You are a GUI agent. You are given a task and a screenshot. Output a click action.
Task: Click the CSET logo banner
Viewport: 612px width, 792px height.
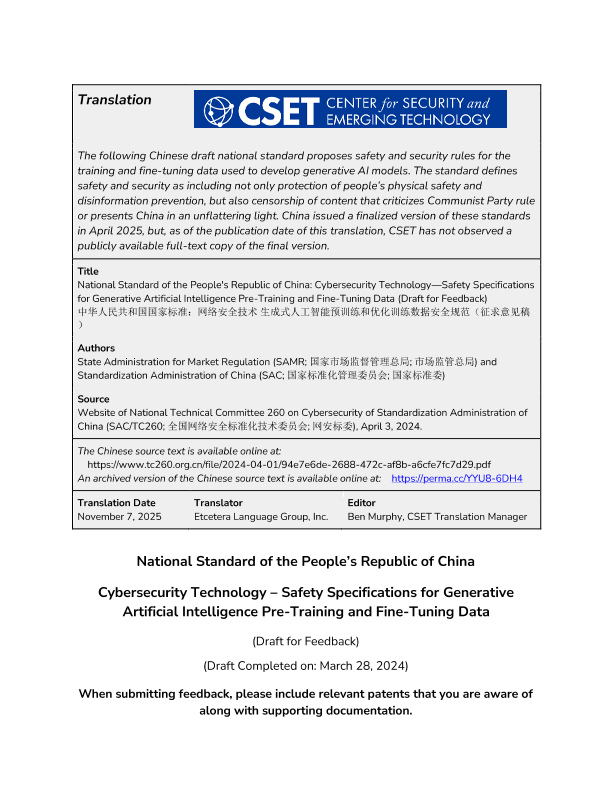tap(350, 109)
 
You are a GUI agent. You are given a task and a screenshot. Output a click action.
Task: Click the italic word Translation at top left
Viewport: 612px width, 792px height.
tap(115, 100)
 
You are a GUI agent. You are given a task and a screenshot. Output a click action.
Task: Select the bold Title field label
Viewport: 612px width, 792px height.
tap(88, 271)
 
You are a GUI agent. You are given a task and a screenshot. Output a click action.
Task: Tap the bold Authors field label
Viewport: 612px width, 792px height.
tap(96, 348)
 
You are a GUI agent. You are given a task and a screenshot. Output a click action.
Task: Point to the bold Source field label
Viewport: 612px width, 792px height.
tap(94, 399)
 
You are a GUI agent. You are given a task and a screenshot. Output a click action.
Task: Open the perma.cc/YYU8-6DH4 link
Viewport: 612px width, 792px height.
tap(456, 479)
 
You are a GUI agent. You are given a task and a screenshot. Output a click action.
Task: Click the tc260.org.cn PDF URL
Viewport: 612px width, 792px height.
tap(289, 465)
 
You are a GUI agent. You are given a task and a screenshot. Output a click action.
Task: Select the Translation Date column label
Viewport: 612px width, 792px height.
tap(116, 503)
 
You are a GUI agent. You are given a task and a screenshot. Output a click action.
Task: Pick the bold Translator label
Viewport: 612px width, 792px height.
tap(218, 503)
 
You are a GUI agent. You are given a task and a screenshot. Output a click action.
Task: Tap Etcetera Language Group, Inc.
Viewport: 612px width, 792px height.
tap(261, 517)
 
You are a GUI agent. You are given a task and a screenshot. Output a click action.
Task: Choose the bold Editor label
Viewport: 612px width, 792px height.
tap(360, 503)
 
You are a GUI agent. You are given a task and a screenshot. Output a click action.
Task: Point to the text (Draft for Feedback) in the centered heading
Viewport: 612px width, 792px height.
tap(306, 640)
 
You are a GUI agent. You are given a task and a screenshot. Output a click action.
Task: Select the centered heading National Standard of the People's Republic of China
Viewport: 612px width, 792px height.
tap(306, 561)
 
